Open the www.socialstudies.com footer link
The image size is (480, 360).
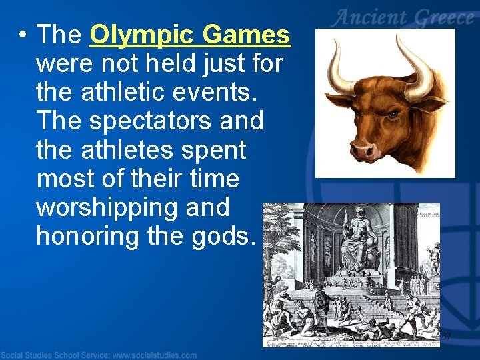click(x=153, y=355)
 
